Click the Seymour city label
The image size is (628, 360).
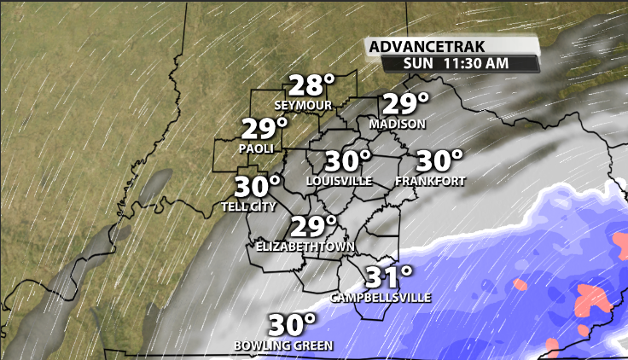point(302,105)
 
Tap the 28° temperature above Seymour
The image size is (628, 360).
point(310,86)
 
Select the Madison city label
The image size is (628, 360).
point(397,125)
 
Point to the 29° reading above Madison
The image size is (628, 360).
point(404,105)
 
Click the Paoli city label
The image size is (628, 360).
point(257,148)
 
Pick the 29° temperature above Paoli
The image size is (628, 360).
point(265,129)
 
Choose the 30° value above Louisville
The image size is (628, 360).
point(349,161)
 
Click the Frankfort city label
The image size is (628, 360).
point(430,181)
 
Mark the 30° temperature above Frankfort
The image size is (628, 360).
point(439,161)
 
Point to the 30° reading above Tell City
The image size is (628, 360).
point(258,187)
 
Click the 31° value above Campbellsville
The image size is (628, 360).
point(389,277)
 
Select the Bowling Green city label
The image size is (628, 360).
point(283,345)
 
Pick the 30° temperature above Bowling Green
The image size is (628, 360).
point(293,326)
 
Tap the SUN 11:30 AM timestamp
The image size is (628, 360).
point(460,63)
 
